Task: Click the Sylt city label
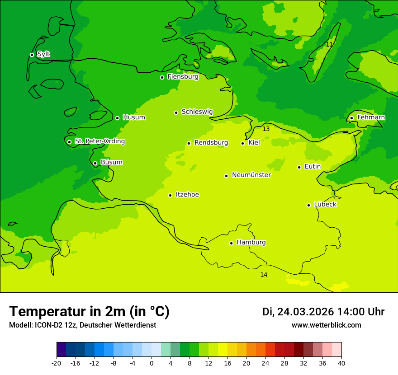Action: point(43,54)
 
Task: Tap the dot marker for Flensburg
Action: point(162,77)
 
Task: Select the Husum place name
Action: point(134,117)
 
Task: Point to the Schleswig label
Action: point(197,112)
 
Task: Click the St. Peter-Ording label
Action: point(99,141)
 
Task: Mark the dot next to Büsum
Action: point(95,163)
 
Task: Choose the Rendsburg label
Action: point(211,143)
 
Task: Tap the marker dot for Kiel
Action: point(242,143)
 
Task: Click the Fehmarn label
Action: point(371,117)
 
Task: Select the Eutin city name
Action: point(313,167)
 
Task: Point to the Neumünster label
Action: point(251,175)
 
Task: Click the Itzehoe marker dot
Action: point(170,195)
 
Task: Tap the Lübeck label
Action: point(325,204)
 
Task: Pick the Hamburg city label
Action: point(251,242)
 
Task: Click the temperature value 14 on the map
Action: point(264,275)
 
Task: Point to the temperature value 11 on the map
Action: point(329,44)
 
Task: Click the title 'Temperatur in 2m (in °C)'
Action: point(89,311)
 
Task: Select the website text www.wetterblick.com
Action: point(326,325)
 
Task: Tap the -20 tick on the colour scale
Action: point(57,363)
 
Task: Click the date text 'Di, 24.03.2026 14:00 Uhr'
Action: point(323,312)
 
